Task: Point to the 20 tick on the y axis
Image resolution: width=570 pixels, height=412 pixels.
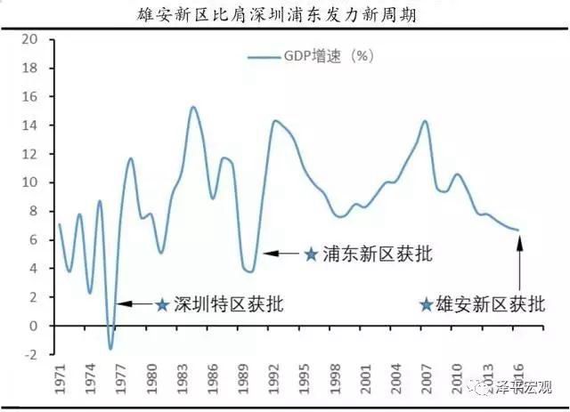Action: [32, 40]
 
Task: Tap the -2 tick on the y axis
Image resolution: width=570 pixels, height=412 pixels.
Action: [32, 354]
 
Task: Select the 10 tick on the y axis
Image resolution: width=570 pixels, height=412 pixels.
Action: [32, 183]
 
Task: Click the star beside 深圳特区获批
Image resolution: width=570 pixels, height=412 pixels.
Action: [161, 304]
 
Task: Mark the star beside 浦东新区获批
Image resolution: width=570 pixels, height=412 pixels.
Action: [311, 254]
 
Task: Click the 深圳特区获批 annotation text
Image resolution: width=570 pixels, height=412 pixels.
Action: [228, 304]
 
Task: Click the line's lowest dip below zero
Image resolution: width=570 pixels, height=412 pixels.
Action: [110, 348]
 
